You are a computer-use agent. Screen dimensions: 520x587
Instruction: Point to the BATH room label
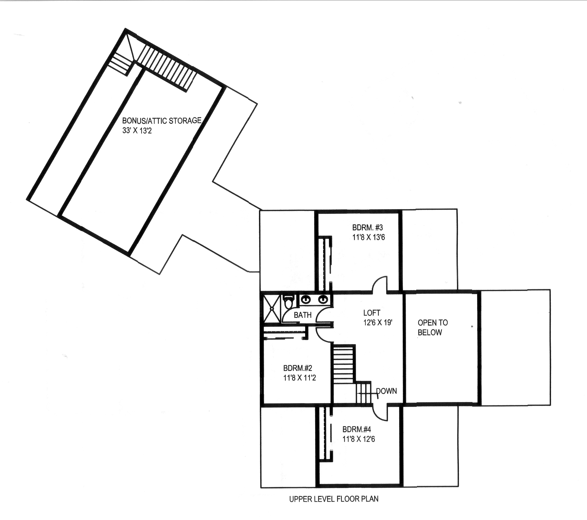click(x=302, y=315)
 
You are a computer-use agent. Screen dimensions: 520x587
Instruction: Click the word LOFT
click(x=372, y=313)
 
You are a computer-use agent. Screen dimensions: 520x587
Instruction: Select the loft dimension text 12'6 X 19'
click(x=378, y=322)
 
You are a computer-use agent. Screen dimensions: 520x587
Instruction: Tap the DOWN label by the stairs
click(x=386, y=391)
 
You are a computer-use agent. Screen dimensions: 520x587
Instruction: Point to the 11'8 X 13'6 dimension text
click(x=368, y=237)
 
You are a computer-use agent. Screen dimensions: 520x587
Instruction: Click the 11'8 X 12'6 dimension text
click(x=358, y=439)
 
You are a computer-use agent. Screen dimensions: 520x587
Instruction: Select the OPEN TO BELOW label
click(x=432, y=327)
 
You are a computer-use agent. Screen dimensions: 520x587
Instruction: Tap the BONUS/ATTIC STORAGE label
click(x=162, y=121)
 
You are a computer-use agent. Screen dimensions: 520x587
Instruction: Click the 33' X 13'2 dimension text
click(x=137, y=131)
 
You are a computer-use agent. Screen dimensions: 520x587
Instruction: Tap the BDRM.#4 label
click(x=356, y=429)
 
